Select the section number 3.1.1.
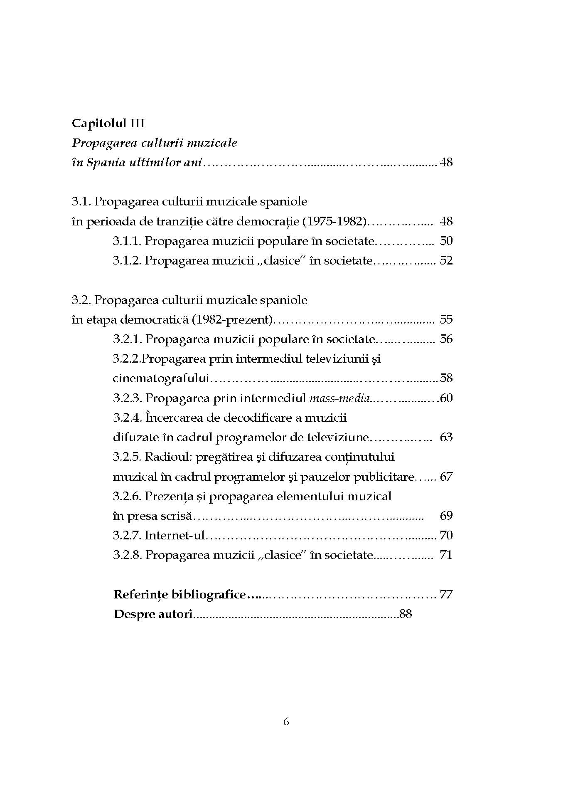pos(127,241)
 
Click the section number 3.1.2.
pos(127,260)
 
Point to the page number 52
pos(446,260)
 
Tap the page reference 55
pos(446,319)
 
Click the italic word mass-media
pos(339,398)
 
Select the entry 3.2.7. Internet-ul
pos(159,535)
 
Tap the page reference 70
pos(446,535)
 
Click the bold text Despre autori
pos(152,614)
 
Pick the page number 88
pos(405,614)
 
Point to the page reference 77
pos(446,594)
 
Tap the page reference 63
pos(446,437)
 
